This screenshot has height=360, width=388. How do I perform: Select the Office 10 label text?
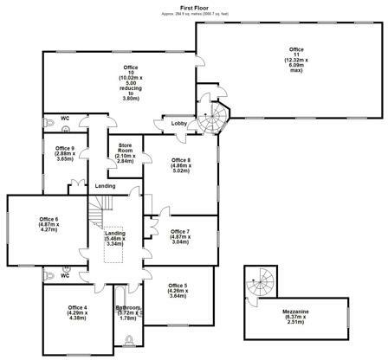coord(131,83)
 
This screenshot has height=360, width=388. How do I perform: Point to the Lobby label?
coord(179,124)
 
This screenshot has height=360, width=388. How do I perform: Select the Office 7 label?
coord(180,235)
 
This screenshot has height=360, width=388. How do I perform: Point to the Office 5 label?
coord(178,290)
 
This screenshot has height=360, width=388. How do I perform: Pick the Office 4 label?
coord(78,312)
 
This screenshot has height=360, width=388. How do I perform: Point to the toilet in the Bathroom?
coord(129,340)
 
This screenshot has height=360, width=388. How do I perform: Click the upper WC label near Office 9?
coord(64,119)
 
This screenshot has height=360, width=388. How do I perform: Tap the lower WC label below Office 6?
coord(64,276)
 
